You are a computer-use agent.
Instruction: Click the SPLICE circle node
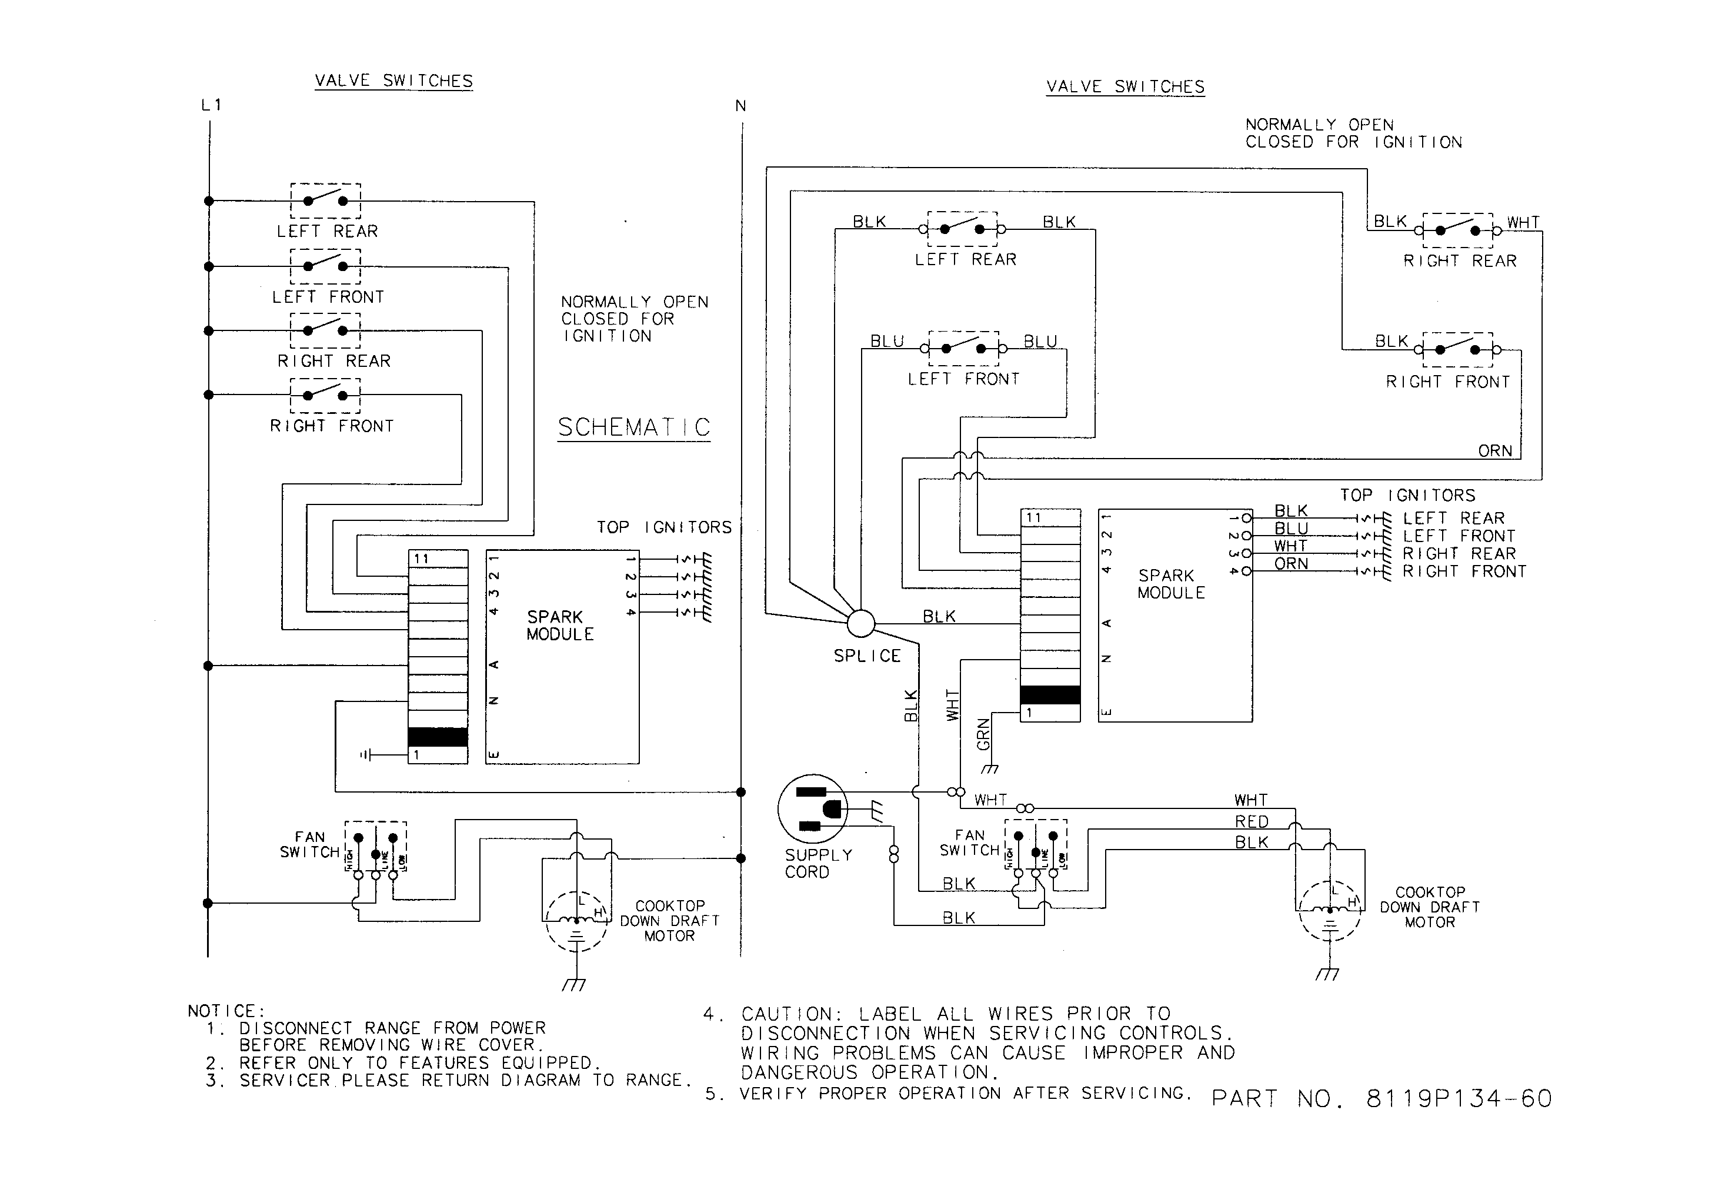pos(860,623)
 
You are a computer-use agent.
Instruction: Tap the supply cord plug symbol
pos(813,808)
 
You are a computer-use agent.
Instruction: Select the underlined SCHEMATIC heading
pos(634,427)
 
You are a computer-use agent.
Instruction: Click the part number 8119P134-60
pos(1459,1098)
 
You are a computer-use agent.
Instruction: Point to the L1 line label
pos(211,105)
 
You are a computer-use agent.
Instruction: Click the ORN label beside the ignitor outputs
pos(1291,564)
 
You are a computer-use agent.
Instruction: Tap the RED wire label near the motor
pos(1251,822)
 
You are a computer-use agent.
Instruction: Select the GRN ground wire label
pos(983,734)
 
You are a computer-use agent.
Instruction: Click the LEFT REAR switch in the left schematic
pos(325,200)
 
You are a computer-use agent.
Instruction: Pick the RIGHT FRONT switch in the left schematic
pos(325,395)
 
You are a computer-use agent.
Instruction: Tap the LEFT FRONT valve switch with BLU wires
pos(963,348)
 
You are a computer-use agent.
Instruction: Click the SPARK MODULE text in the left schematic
pos(559,626)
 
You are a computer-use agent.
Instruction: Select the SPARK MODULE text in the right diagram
pos(1170,584)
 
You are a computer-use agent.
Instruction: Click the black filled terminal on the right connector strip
pos(1049,695)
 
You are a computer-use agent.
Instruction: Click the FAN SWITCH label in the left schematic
pos(309,845)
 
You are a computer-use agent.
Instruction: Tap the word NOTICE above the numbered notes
pos(225,1011)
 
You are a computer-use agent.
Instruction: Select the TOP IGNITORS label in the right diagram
pos(1407,495)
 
